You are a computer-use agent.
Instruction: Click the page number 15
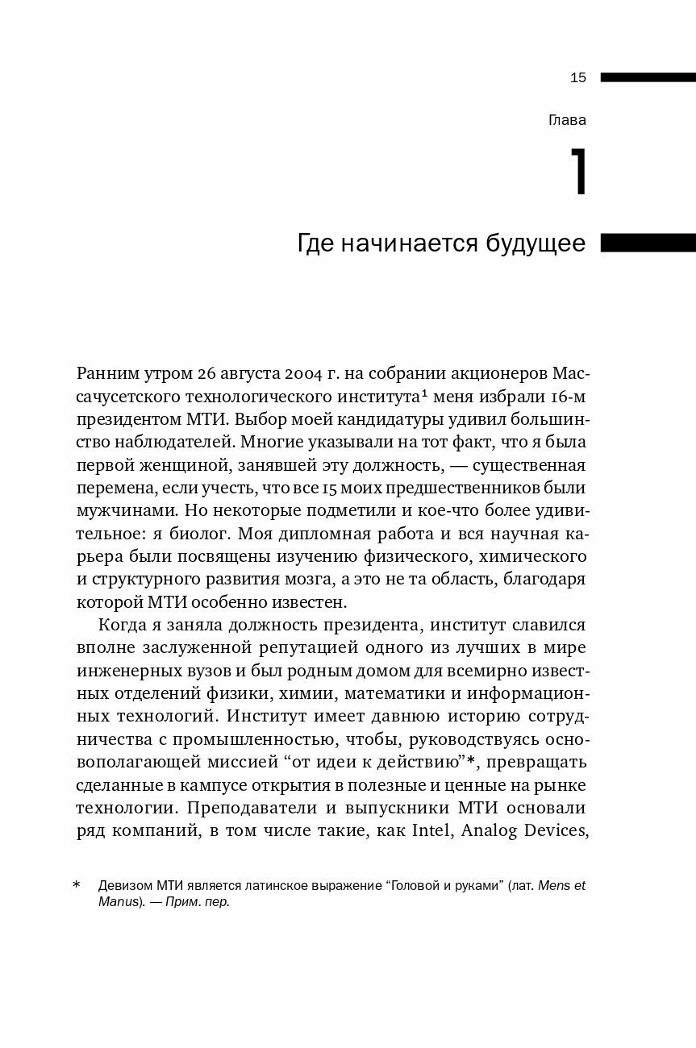click(577, 78)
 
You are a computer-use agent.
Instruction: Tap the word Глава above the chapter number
click(567, 121)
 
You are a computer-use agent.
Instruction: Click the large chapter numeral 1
click(577, 173)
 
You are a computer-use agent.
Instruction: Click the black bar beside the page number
click(648, 78)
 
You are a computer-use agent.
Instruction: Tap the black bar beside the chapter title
click(648, 243)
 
